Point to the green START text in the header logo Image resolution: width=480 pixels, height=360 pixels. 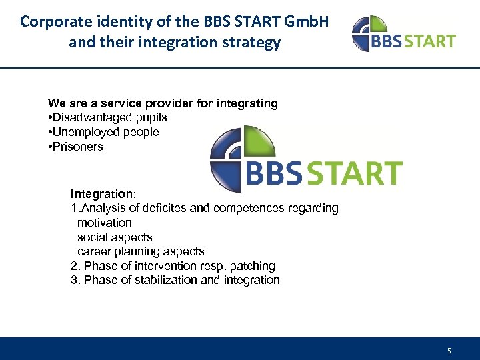click(431, 41)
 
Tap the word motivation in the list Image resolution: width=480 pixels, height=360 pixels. click(105, 223)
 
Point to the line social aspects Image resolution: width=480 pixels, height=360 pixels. click(115, 237)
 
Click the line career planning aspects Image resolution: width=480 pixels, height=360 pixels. click(141, 252)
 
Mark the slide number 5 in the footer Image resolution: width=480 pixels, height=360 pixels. click(449, 351)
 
